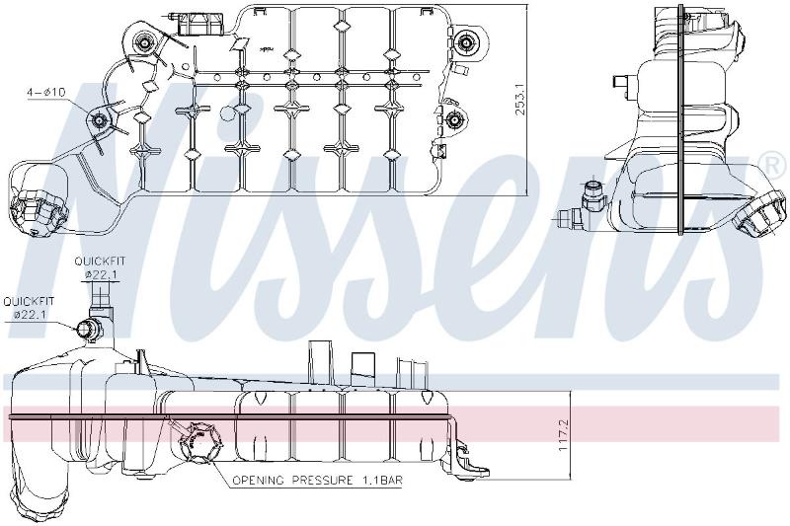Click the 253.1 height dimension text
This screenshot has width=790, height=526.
pyautogui.click(x=520, y=99)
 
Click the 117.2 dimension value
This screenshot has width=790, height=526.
pyautogui.click(x=563, y=435)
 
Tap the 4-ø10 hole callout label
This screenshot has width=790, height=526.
pyautogui.click(x=46, y=92)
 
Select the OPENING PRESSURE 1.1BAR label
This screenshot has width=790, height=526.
pyautogui.click(x=317, y=481)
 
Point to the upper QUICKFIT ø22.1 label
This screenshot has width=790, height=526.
pyautogui.click(x=100, y=267)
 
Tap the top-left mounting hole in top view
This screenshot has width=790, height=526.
pyautogui.click(x=145, y=43)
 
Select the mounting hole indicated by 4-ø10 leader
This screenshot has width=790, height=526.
pyautogui.click(x=99, y=120)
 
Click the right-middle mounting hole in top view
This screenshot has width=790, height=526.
pyautogui.click(x=455, y=119)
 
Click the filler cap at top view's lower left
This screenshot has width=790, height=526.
pyautogui.click(x=39, y=210)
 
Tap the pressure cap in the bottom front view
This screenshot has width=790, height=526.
pyautogui.click(x=201, y=442)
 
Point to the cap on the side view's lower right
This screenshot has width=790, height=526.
pyautogui.click(x=758, y=213)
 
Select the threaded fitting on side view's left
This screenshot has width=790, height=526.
pyautogui.click(x=591, y=195)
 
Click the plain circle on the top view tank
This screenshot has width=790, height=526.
pyautogui.click(x=229, y=113)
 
